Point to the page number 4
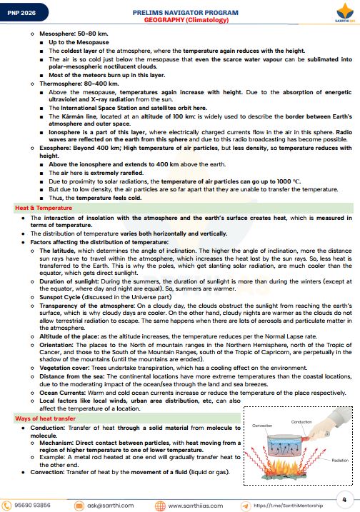click(344, 478)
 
